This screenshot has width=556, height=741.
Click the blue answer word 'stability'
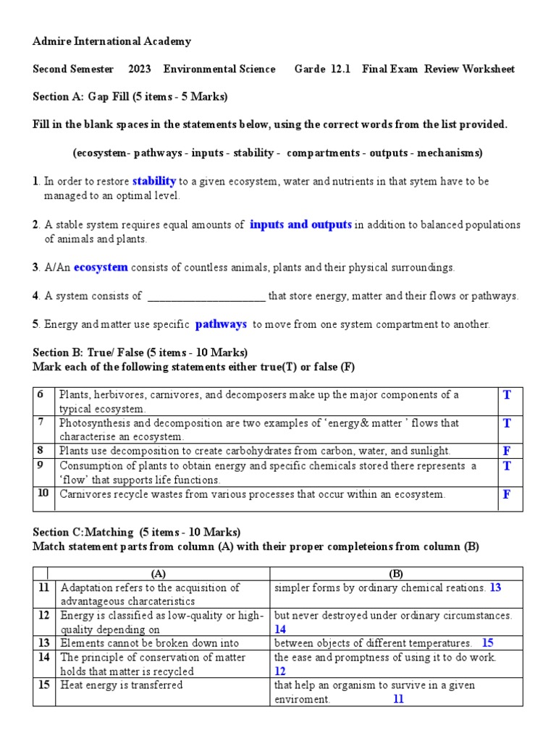coord(154,181)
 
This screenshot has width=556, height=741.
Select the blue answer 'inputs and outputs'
coord(300,224)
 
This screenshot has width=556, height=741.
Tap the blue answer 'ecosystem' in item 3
coord(101,267)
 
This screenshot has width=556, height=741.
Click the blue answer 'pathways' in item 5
coord(221,324)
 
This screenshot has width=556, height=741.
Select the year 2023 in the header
coord(140,69)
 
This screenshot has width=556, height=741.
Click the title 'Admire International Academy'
coord(112,41)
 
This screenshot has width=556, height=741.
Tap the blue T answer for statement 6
coord(507,394)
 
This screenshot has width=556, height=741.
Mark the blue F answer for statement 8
coord(507,451)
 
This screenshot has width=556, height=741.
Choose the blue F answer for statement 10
coord(507,495)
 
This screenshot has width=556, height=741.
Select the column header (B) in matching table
coord(396,574)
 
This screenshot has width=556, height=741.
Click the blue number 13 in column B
coord(495,588)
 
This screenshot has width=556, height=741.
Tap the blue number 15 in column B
coord(487,643)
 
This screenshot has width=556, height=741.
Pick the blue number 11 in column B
coord(398,699)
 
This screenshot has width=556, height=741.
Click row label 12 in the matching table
coord(44,615)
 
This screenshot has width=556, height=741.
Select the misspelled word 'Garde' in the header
coord(308,69)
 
